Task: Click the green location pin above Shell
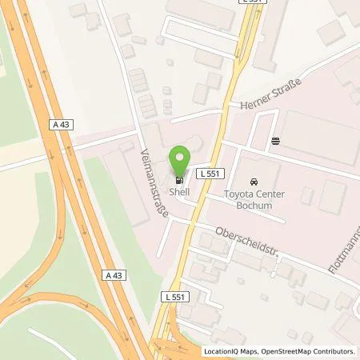click(181, 158)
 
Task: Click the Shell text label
click(181, 192)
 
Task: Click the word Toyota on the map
click(237, 194)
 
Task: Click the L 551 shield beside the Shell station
click(210, 173)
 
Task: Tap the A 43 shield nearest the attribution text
click(114, 274)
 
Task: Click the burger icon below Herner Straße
click(276, 141)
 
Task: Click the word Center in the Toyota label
click(272, 194)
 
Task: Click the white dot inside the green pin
click(181, 153)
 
